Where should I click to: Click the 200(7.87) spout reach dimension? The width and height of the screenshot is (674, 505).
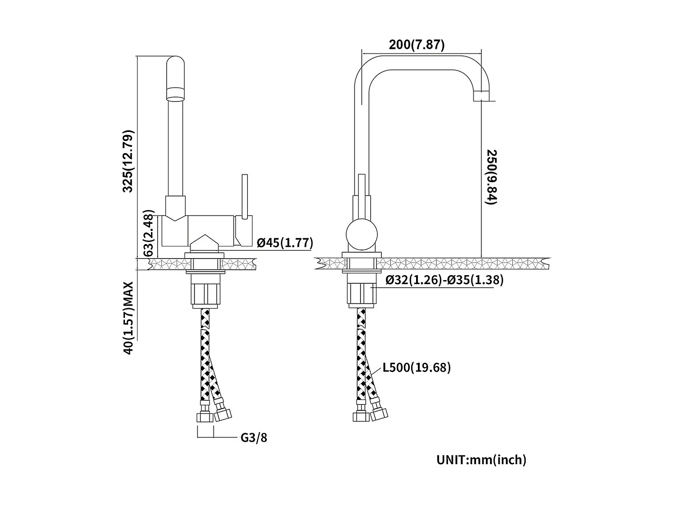(x=417, y=45)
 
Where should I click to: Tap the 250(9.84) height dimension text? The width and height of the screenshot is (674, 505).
(x=491, y=177)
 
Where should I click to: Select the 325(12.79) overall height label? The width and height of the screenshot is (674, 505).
(x=129, y=161)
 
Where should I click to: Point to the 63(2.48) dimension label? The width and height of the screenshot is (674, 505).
(x=149, y=233)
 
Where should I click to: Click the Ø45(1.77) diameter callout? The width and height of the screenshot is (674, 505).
(x=285, y=243)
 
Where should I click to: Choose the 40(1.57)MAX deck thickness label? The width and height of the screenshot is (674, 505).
(x=129, y=318)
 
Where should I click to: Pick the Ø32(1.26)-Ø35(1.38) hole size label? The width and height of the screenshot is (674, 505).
(x=444, y=280)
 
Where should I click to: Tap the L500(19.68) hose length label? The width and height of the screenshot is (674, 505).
(x=417, y=368)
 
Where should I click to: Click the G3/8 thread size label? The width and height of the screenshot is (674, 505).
(x=254, y=437)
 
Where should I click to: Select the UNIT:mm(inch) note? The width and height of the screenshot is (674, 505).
(x=481, y=460)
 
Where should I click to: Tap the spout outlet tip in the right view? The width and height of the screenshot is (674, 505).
(x=482, y=96)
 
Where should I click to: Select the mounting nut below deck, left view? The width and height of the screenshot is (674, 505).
(x=204, y=294)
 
